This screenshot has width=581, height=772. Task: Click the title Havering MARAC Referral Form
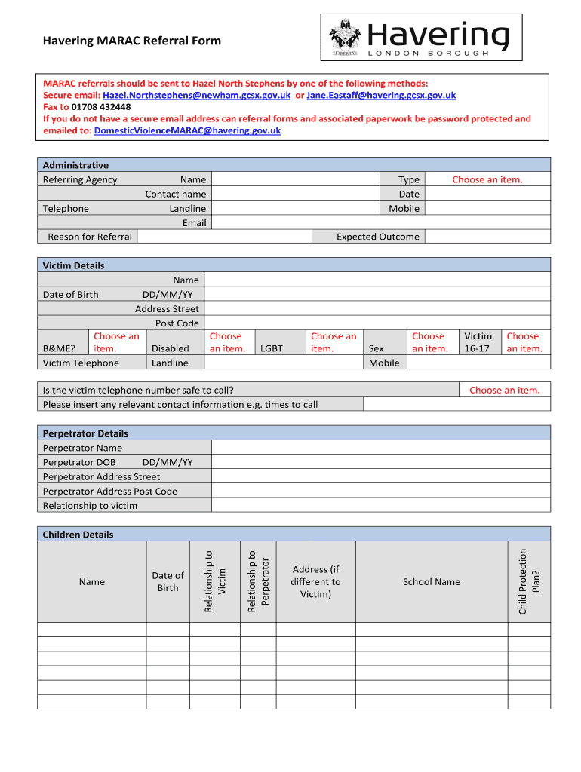[x=132, y=41]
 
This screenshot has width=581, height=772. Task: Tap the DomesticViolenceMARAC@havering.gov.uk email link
[x=187, y=130]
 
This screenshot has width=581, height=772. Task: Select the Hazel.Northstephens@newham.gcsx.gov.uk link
[x=196, y=95]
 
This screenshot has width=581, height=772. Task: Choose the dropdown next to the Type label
[x=487, y=179]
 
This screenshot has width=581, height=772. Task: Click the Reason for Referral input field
[x=225, y=237]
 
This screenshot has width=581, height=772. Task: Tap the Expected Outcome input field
[x=487, y=237]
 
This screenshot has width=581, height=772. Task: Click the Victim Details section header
[x=74, y=265]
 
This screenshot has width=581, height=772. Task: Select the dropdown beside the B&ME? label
[x=117, y=342]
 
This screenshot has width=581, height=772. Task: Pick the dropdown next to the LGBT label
[x=333, y=342]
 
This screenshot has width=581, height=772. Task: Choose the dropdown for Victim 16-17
[x=523, y=342]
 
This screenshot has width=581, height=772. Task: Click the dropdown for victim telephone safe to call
[x=504, y=390]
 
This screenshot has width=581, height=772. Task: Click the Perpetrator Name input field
[x=380, y=448]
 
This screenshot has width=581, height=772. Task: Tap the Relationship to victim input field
[x=380, y=505]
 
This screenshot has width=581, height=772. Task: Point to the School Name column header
[x=432, y=581]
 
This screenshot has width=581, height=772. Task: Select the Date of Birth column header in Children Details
[x=168, y=581]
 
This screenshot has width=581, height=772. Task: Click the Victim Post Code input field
[x=377, y=323]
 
